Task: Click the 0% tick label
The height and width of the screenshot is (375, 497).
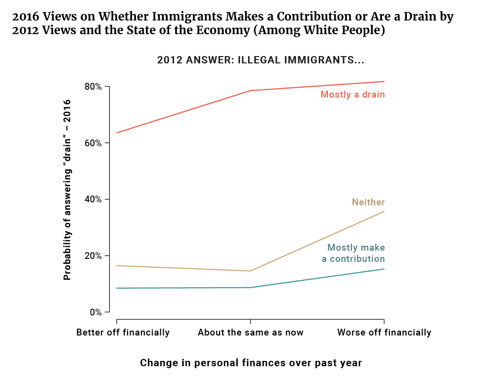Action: tap(96, 312)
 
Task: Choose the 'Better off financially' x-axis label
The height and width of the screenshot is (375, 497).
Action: tap(123, 333)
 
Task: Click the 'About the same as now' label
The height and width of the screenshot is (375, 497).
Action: tap(250, 333)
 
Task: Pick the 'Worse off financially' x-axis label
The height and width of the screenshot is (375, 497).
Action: tap(384, 333)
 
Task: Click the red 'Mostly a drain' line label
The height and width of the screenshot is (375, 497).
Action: tap(353, 95)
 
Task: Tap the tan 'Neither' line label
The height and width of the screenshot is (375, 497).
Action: tap(368, 202)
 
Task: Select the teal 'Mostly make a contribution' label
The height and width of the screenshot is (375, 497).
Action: tap(354, 254)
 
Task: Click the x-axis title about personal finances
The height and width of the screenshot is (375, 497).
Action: tap(251, 363)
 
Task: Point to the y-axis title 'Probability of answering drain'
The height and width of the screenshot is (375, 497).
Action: tap(67, 190)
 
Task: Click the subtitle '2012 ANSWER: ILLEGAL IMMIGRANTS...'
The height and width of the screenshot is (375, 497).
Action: tap(261, 60)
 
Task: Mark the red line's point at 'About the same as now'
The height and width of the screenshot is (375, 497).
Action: tap(250, 91)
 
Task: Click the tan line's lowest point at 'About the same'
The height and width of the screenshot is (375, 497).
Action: tap(250, 271)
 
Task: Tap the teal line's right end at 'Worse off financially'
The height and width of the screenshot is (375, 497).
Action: tap(384, 269)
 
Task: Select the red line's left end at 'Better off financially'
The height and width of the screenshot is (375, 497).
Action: tap(117, 133)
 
